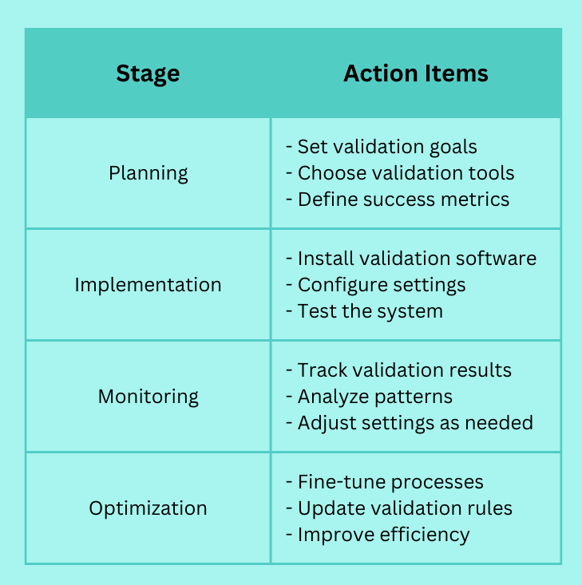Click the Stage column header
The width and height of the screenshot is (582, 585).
click(148, 74)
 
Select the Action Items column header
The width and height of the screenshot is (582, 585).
click(416, 73)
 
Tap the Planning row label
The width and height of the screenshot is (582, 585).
click(148, 173)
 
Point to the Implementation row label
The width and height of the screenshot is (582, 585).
click(148, 285)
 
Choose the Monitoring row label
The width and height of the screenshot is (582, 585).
click(148, 397)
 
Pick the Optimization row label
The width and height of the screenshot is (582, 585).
click(148, 508)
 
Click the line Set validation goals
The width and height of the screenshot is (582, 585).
click(382, 147)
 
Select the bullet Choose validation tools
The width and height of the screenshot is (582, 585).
click(400, 173)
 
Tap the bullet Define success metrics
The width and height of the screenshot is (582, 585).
click(398, 200)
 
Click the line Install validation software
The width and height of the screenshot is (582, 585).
click(411, 258)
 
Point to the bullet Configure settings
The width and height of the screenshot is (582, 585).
click(376, 286)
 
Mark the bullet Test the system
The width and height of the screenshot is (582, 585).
click(364, 311)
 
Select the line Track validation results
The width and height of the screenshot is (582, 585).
click(398, 370)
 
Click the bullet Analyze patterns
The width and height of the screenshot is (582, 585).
click(369, 397)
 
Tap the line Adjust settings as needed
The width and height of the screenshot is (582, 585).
click(410, 424)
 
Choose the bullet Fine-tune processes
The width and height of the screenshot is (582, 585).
click(385, 482)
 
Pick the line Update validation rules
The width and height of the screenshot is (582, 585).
click(399, 508)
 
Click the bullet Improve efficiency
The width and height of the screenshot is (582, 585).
click(378, 535)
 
